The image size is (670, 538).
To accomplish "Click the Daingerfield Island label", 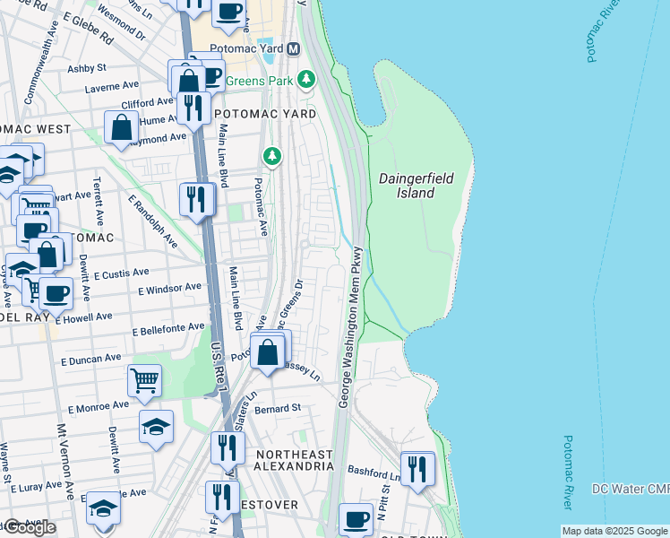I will click(416, 186).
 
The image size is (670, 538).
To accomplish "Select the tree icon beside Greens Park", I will click(307, 80).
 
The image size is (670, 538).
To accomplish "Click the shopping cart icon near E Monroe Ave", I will click(144, 380).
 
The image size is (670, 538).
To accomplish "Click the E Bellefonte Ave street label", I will click(168, 331).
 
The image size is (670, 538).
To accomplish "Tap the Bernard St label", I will click(277, 408).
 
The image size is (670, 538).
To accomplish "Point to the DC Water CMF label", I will click(631, 489).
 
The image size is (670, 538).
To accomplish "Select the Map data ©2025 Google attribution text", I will click(614, 532).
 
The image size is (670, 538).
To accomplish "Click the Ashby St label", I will click(87, 67).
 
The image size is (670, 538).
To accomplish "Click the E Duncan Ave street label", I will click(90, 358).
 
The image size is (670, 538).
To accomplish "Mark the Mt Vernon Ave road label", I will click(66, 462).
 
